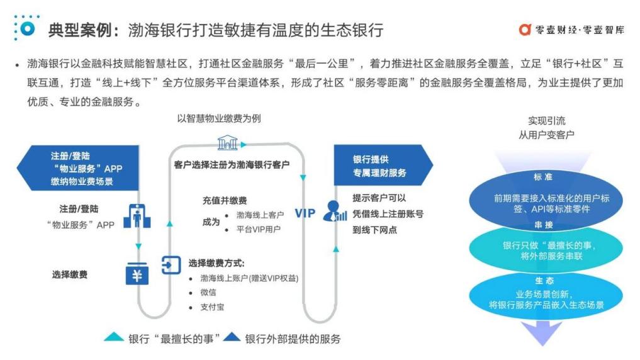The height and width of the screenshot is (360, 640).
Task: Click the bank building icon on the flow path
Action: click(x=227, y=144)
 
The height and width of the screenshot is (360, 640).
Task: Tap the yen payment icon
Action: click(x=137, y=274)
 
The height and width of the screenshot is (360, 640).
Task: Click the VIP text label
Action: click(x=305, y=213)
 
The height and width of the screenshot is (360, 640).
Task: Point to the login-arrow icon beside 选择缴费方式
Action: click(x=171, y=264)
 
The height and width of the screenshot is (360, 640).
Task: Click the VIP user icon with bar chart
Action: click(x=335, y=211)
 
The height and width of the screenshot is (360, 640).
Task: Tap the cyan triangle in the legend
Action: click(x=114, y=338)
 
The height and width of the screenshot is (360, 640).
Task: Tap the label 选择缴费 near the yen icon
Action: click(x=70, y=274)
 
